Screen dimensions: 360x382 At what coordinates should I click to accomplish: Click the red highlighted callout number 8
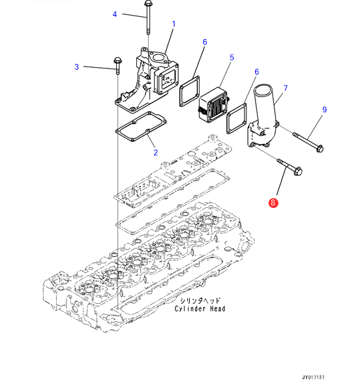[x=273, y=203]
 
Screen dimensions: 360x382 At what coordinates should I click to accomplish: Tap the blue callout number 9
[x=324, y=110]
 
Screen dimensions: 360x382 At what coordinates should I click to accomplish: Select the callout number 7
[x=286, y=88]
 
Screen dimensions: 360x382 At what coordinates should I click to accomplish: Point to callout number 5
[x=232, y=57]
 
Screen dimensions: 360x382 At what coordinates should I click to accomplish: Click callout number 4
[x=115, y=14]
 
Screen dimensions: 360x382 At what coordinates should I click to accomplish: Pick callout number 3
[x=77, y=66]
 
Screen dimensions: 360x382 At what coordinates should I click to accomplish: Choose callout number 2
[x=155, y=153]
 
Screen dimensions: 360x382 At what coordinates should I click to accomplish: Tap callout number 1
[x=173, y=24]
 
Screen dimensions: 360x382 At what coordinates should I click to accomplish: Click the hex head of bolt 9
[x=320, y=148]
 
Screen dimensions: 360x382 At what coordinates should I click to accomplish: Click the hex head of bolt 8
[x=298, y=171]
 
